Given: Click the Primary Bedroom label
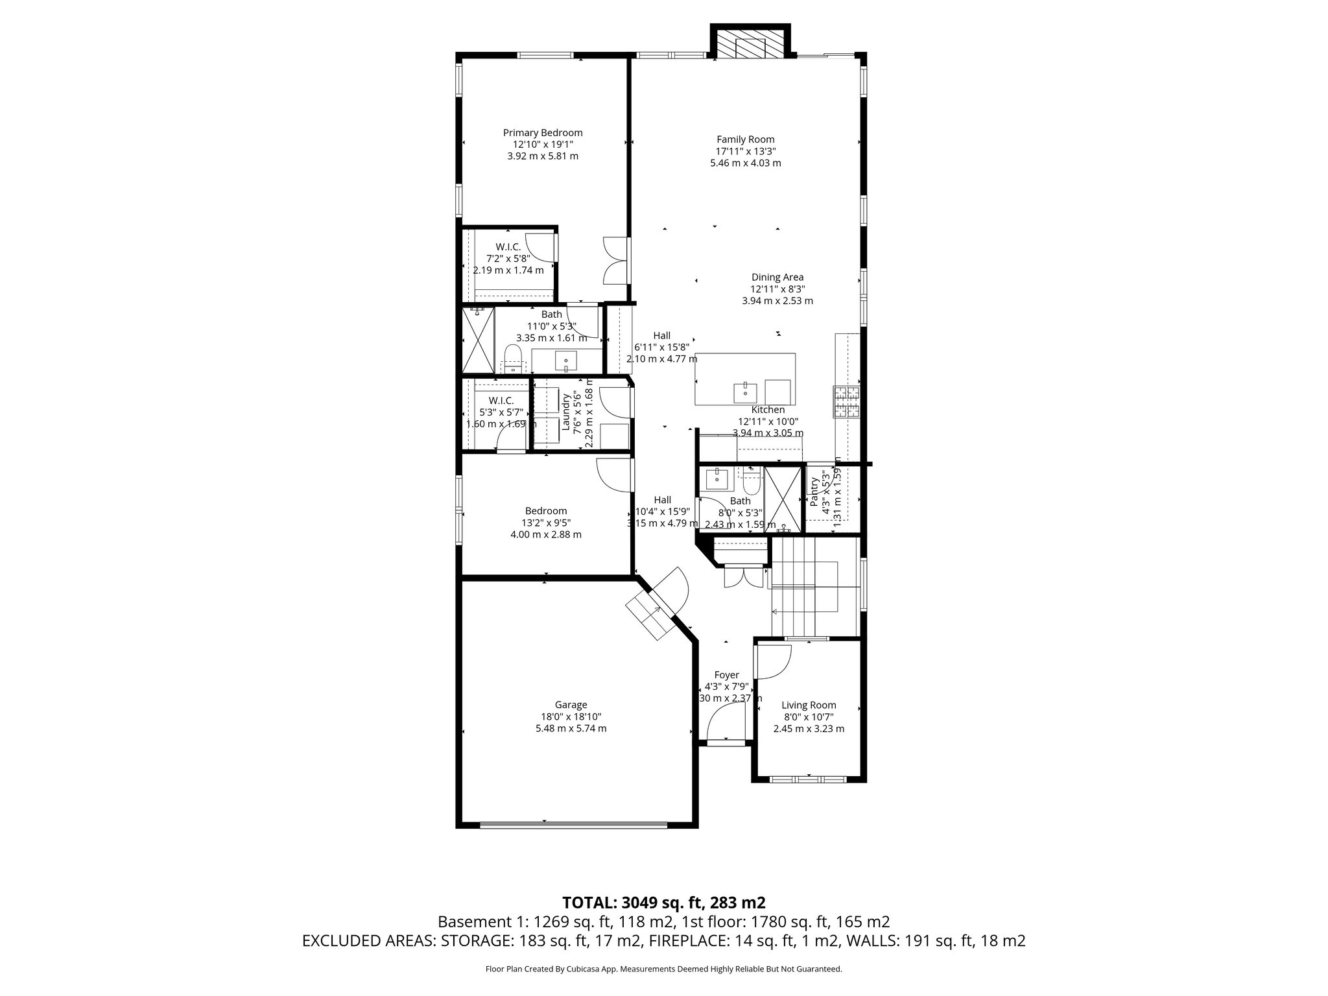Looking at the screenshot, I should (543, 133).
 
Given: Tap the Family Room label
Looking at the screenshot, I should (745, 139).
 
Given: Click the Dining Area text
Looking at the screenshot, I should (777, 278).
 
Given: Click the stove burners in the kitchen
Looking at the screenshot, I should (846, 401).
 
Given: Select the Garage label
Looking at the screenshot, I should (571, 705).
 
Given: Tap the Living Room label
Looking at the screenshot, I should (809, 705).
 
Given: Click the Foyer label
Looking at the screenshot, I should (726, 675).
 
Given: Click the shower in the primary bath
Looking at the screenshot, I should (478, 338).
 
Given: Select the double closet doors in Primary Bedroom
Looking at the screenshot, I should (615, 260).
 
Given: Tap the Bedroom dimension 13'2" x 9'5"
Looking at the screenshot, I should (546, 523).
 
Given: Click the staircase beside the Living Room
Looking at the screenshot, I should (814, 587).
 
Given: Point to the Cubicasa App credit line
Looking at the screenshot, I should (663, 969).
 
